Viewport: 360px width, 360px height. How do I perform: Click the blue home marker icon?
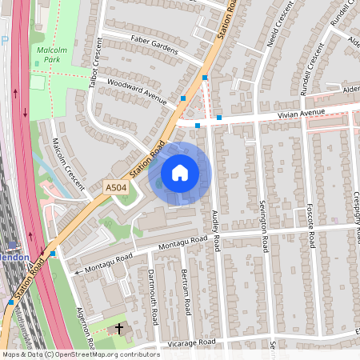180,173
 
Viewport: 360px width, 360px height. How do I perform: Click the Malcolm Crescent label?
69,162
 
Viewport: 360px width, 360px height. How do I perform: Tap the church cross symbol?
120,329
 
